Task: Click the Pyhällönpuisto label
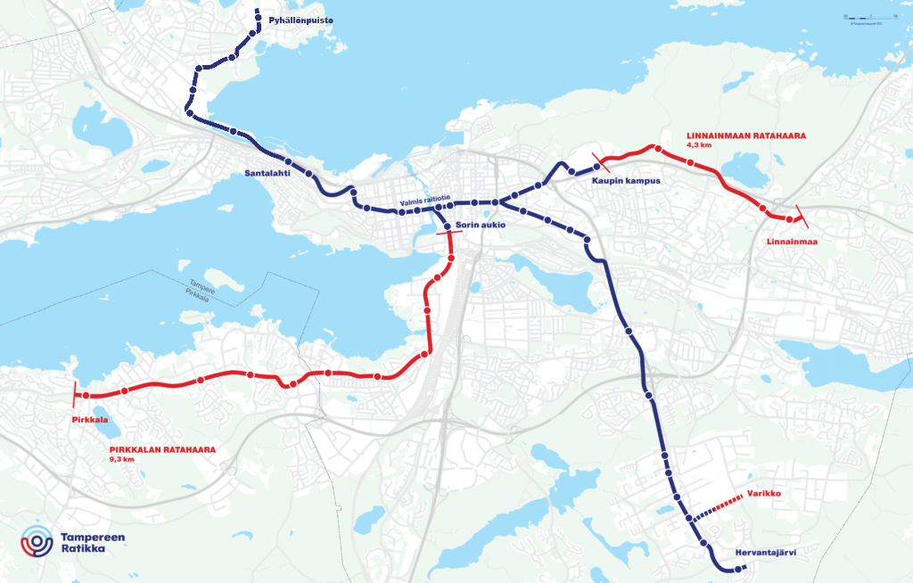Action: click(301, 20)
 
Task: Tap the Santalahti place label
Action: click(267, 174)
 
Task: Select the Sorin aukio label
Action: click(480, 226)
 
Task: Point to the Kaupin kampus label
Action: click(625, 181)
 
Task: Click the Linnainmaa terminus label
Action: click(792, 242)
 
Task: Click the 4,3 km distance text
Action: click(699, 144)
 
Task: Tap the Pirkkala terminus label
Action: click(90, 419)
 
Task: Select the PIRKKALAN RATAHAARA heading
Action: click(162, 450)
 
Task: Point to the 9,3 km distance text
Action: click(121, 459)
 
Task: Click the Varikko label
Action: click(764, 493)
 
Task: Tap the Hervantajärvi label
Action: click(765, 552)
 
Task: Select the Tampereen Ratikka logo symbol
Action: click(37, 542)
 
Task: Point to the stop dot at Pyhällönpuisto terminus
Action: click(259, 12)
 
